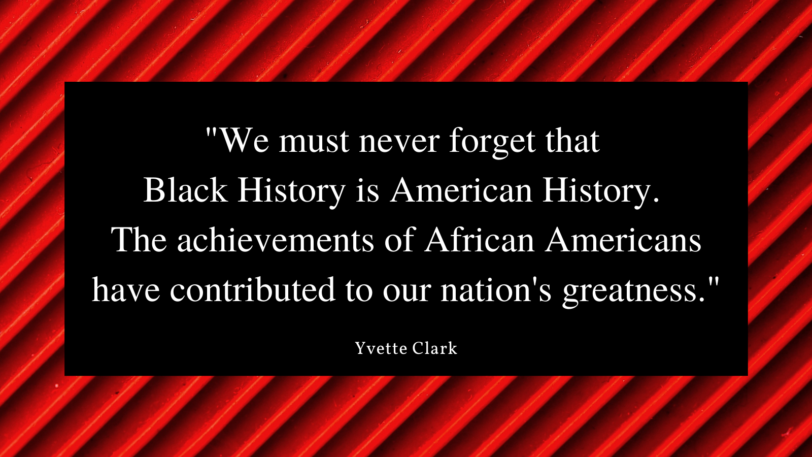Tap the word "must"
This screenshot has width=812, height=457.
pyautogui.click(x=314, y=141)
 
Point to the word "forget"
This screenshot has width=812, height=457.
pyautogui.click(x=492, y=142)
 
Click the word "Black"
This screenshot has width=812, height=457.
pyautogui.click(x=186, y=190)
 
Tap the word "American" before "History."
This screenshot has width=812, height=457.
pyautogui.click(x=461, y=190)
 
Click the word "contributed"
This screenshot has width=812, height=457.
pyautogui.click(x=253, y=289)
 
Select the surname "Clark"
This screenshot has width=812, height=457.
pyautogui.click(x=435, y=348)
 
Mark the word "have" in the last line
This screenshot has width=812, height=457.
pyautogui.click(x=126, y=289)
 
